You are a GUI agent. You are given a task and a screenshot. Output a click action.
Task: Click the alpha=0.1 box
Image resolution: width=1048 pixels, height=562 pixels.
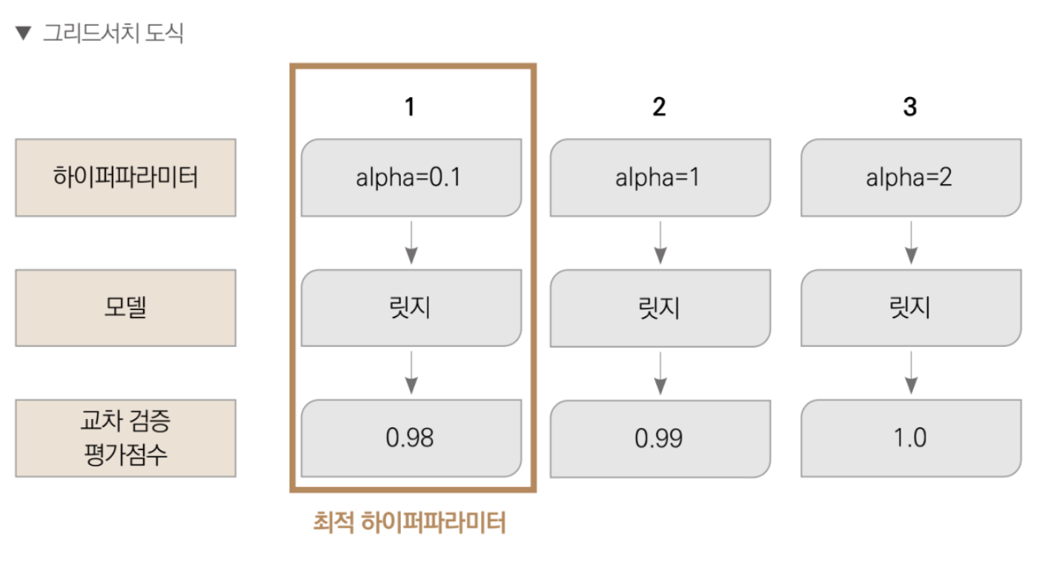tap(411, 177)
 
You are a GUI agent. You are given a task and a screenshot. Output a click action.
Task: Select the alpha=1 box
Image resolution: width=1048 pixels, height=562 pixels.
tap(660, 177)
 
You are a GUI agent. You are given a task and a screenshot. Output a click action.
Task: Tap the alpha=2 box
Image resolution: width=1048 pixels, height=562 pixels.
tap(911, 177)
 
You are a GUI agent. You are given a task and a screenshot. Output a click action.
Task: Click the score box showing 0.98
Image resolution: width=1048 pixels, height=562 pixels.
tap(411, 438)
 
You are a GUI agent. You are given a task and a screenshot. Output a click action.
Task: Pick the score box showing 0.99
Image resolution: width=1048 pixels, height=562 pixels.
tap(660, 438)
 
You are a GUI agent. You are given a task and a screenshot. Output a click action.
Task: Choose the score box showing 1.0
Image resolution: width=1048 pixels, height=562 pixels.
tap(911, 438)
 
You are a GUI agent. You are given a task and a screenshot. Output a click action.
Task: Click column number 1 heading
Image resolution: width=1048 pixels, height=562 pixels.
tap(410, 107)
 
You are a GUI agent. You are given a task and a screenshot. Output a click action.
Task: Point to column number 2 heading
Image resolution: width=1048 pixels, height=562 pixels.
tap(659, 107)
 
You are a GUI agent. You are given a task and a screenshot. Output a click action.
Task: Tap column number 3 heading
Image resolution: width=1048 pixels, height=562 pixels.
tap(910, 107)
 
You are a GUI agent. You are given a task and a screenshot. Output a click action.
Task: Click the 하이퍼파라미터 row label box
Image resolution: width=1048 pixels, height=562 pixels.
tap(125, 177)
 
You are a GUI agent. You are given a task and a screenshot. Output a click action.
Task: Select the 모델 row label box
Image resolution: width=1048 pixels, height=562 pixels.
tap(125, 308)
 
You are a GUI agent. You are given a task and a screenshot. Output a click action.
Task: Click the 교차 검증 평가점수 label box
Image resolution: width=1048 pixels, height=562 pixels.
tap(125, 438)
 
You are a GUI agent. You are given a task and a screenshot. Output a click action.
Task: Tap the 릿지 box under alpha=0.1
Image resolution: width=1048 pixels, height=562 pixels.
tap(411, 308)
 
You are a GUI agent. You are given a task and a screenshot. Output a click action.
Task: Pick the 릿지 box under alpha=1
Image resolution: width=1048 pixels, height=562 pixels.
tap(660, 308)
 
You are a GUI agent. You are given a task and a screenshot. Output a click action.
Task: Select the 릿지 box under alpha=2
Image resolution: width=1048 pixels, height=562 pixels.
tap(911, 308)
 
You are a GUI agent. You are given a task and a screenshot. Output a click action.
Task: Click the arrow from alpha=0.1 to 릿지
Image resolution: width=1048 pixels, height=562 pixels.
tap(411, 243)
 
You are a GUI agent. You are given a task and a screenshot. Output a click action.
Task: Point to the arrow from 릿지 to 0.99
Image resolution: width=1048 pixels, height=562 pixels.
tap(660, 374)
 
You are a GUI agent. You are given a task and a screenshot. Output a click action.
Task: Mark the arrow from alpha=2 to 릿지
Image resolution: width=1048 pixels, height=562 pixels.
tap(911, 243)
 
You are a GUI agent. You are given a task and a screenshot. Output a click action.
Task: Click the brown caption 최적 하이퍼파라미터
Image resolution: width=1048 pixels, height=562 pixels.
tap(409, 522)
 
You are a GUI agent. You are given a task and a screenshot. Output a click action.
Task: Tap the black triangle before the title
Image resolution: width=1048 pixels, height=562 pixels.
tap(24, 33)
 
